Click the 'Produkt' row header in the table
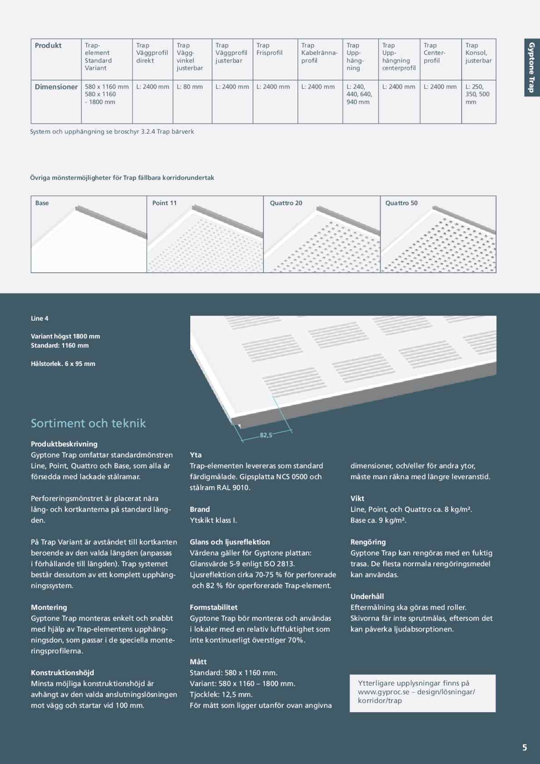tap(48, 45)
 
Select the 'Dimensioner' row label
tap(56, 87)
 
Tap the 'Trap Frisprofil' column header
tap(270, 49)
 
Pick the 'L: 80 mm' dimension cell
tap(190, 87)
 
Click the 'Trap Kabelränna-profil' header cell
tap(319, 53)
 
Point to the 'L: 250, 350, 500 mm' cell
tap(477, 94)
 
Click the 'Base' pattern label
tap(42, 203)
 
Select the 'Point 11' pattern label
tap(164, 203)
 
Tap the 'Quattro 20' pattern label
tap(286, 203)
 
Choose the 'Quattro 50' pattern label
tap(401, 203)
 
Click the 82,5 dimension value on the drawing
tap(266, 435)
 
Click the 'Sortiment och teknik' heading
tap(88, 423)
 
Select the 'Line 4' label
tap(39, 318)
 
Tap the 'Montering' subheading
tap(49, 607)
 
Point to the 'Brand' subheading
tap(200, 509)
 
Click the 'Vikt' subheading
tap(357, 499)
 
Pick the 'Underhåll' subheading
tap(367, 597)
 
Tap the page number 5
tap(525, 748)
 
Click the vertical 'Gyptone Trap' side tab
tap(532, 67)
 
